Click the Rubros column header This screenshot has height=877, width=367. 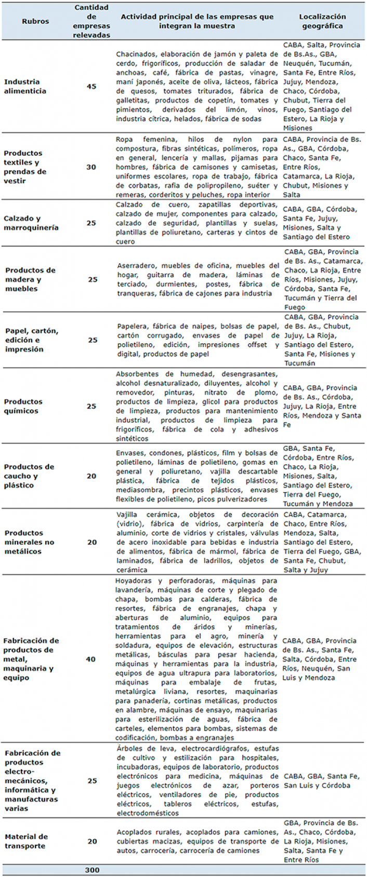click(x=35, y=21)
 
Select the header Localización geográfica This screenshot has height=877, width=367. click(x=322, y=21)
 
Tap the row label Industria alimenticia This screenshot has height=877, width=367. click(x=25, y=86)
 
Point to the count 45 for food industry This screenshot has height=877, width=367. click(x=91, y=86)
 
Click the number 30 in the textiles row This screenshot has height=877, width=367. click(x=91, y=167)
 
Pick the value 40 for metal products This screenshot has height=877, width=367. click(x=91, y=659)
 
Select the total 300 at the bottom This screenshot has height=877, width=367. click(x=92, y=870)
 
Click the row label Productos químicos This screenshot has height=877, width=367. click(x=23, y=406)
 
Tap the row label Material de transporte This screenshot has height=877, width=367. click(x=27, y=841)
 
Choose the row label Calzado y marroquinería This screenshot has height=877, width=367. click(x=31, y=223)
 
